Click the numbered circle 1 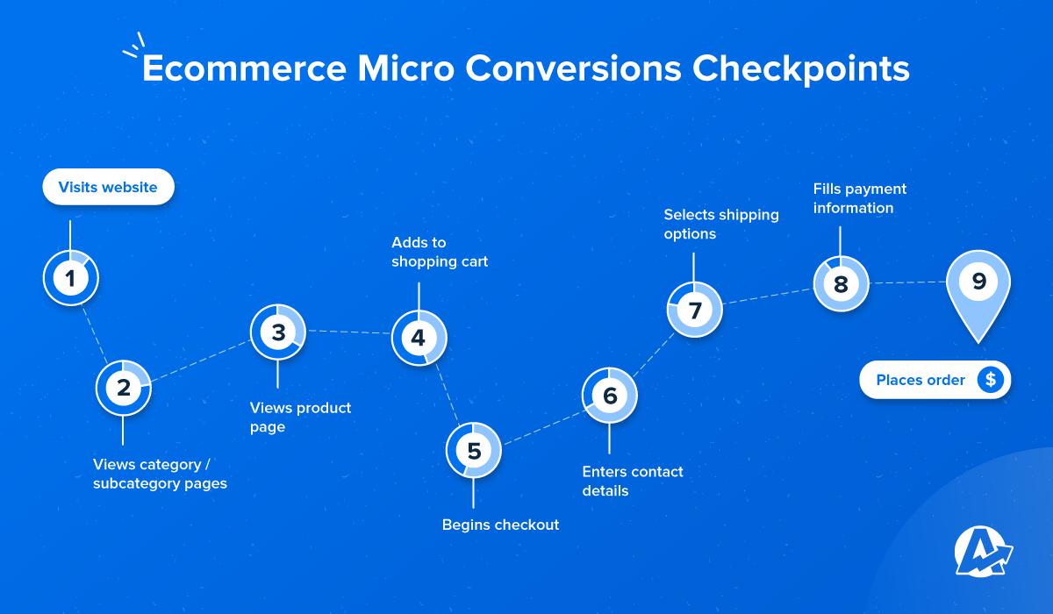[x=70, y=278]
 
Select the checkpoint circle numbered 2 [x=123, y=388]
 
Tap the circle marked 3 [x=278, y=332]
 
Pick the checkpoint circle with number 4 [x=419, y=338]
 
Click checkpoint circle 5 [x=473, y=451]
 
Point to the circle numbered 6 [x=609, y=396]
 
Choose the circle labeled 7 [x=694, y=310]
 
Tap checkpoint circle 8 [x=841, y=283]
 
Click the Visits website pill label [x=108, y=187]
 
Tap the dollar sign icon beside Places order [x=991, y=380]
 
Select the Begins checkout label [x=500, y=525]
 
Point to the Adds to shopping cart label [x=440, y=252]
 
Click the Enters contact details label [x=633, y=481]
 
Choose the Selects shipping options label [x=721, y=224]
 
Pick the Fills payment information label [x=860, y=198]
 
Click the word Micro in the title [x=406, y=68]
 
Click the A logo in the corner [x=984, y=552]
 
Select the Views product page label [x=300, y=418]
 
